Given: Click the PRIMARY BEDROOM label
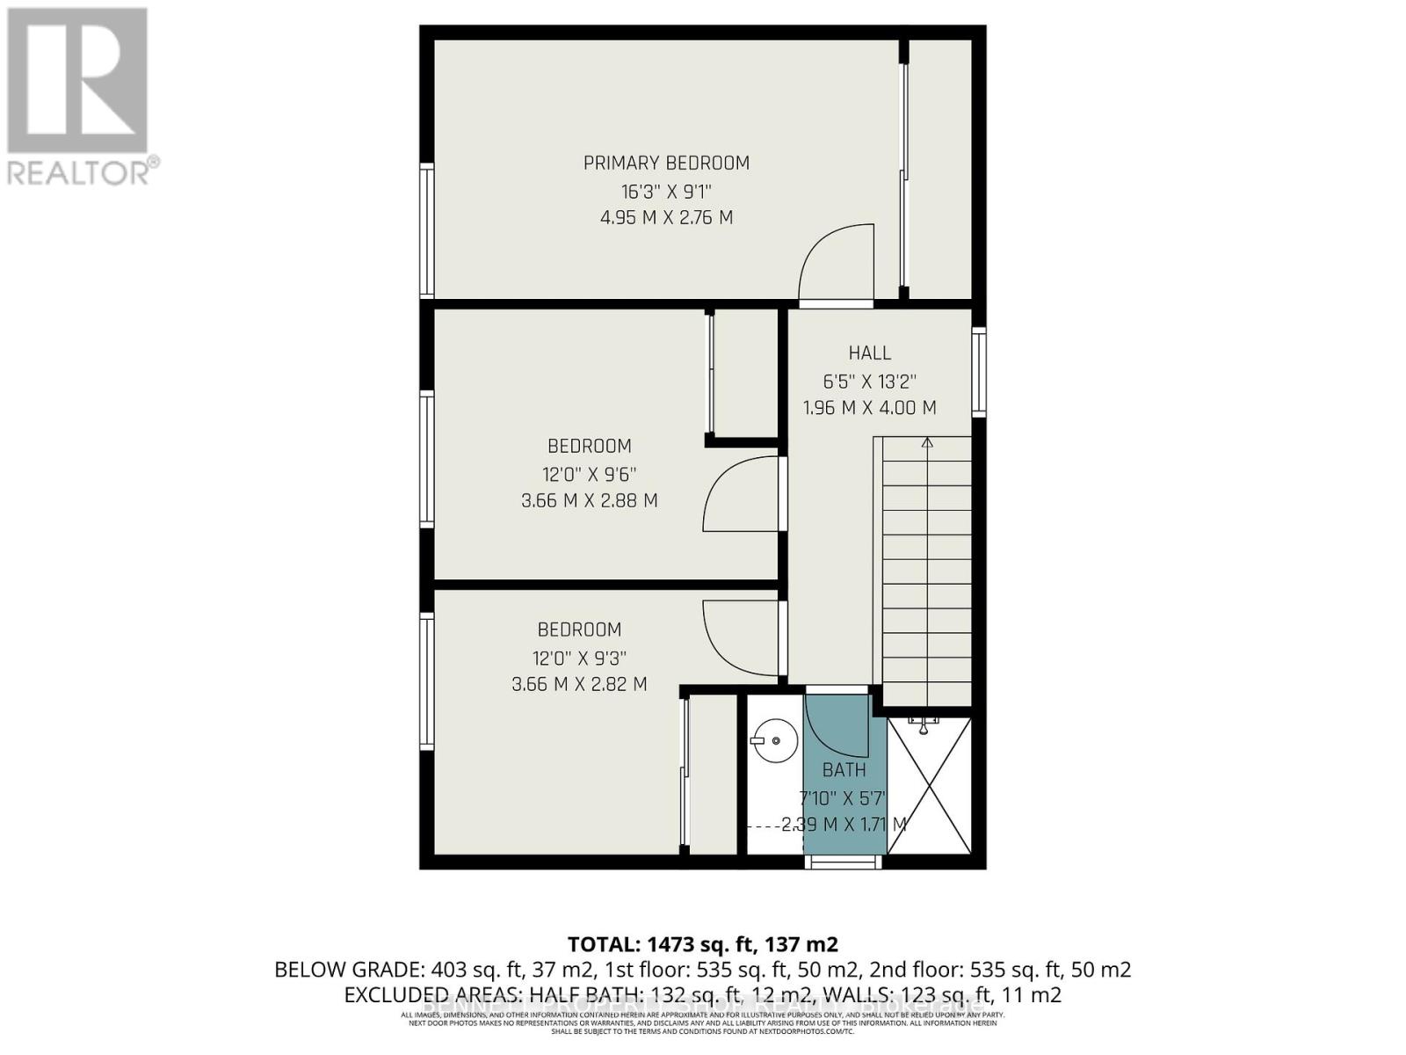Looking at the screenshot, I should pyautogui.click(x=666, y=163).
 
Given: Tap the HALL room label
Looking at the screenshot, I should pyautogui.click(x=869, y=353).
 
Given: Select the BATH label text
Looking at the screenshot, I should pyautogui.click(x=844, y=770).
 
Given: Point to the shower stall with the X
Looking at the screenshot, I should pyautogui.click(x=929, y=785).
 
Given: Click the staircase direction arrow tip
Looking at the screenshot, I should pyautogui.click(x=927, y=441).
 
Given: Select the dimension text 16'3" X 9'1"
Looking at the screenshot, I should pyautogui.click(x=666, y=191).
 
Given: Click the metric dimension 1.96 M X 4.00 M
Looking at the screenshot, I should pyautogui.click(x=869, y=408).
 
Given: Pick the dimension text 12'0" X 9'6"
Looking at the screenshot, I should pyautogui.click(x=589, y=475).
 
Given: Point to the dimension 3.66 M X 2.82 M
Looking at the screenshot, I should pyautogui.click(x=579, y=684).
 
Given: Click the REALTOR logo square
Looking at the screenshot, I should pyautogui.click(x=77, y=81).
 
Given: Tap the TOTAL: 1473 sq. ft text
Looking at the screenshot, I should pyautogui.click(x=702, y=944).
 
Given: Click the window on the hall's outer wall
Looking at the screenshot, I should pyautogui.click(x=979, y=372).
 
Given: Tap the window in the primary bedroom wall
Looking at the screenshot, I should pyautogui.click(x=426, y=231).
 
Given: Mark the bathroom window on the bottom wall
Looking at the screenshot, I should pyautogui.click(x=843, y=862).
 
